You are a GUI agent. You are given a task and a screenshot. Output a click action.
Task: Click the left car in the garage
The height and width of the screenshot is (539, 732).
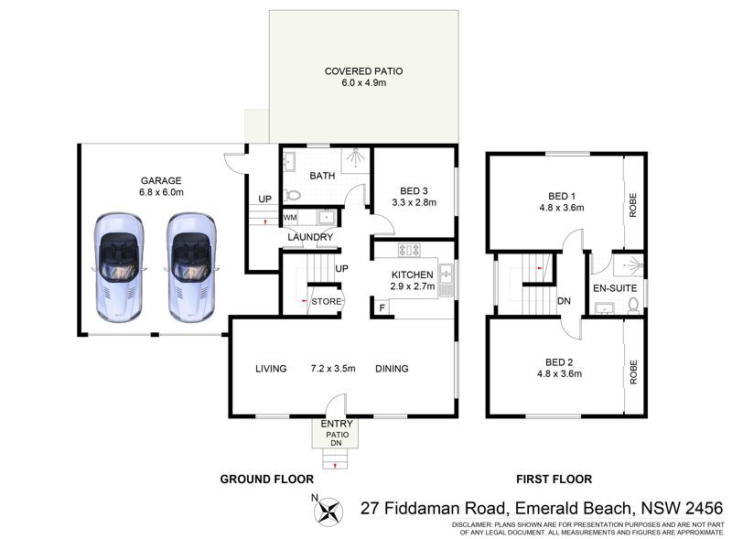pos(118,267)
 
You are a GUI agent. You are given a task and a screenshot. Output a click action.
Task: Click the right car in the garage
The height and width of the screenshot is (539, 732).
pos(190,267)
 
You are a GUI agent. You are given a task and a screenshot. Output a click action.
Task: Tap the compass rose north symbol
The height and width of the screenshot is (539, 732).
pos(328,510)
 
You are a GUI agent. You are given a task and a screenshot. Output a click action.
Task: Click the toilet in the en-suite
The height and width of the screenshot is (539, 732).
pos(633,305)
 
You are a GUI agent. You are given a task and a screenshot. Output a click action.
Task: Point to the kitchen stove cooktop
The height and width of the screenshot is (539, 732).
pos(409,250)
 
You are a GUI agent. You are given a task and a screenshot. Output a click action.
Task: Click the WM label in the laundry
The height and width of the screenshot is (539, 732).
pos(290,218)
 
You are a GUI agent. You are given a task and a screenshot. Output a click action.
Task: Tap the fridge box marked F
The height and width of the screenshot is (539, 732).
pos(382,307)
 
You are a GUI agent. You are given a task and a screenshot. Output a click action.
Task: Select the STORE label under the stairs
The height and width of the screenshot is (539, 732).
pos(327,301)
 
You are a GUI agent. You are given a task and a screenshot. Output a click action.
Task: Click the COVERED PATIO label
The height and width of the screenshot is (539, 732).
pos(363,71)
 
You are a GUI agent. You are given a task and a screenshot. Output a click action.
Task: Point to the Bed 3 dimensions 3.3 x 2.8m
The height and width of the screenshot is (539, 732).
pos(414,202)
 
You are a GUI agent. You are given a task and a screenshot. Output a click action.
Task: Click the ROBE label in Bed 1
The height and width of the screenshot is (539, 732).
pos(633,205)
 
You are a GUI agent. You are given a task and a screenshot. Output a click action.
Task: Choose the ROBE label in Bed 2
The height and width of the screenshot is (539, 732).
pos(633,372)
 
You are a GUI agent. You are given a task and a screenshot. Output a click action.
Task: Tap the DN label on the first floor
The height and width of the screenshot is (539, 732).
pos(564,301)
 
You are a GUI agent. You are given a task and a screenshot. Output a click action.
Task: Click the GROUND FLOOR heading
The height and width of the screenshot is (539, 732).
pos(267,480)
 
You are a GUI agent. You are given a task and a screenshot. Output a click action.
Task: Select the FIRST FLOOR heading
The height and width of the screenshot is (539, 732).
pos(554,480)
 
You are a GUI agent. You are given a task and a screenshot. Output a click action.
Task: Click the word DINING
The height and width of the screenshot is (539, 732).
pos(392,369)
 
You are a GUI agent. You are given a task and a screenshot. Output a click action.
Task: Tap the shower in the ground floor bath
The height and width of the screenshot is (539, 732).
pos(357,158)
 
